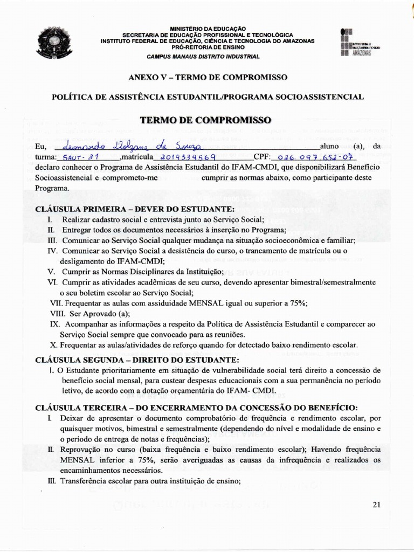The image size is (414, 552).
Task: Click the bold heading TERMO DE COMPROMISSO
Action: point(206,120)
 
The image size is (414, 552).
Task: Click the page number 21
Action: point(376,505)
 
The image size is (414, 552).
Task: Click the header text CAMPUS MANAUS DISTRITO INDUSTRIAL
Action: point(203,56)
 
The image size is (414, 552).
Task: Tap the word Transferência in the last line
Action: point(84,481)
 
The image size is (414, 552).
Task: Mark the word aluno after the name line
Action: point(329,146)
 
